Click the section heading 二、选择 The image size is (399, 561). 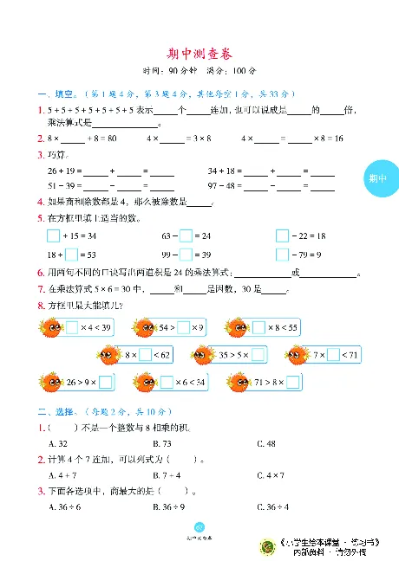[56, 413]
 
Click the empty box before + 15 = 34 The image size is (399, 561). [53, 235]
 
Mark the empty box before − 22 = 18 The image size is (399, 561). [282, 235]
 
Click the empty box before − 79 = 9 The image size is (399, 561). [282, 254]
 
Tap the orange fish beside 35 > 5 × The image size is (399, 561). [202, 354]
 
